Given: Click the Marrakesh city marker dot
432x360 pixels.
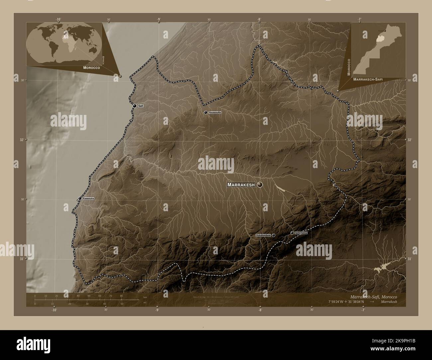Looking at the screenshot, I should click(x=260, y=185).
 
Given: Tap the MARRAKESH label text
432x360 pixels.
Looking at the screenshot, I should click(x=241, y=185).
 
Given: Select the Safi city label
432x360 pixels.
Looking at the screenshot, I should click(x=141, y=106).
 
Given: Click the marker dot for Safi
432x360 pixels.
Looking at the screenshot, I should click(x=135, y=106).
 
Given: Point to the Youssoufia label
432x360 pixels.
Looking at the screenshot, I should click(x=214, y=113).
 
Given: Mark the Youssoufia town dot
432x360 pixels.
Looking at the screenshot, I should click(x=206, y=113).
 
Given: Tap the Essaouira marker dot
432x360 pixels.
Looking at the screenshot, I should click(x=80, y=199).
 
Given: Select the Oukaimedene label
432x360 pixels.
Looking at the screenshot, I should click(x=263, y=235).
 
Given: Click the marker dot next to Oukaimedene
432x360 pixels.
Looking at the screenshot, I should click(x=273, y=235).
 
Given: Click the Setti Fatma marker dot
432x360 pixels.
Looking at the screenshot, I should click(x=292, y=233).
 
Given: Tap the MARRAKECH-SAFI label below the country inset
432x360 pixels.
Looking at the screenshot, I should click(x=368, y=80).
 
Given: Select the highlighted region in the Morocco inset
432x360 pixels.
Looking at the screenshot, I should click(x=379, y=39).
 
